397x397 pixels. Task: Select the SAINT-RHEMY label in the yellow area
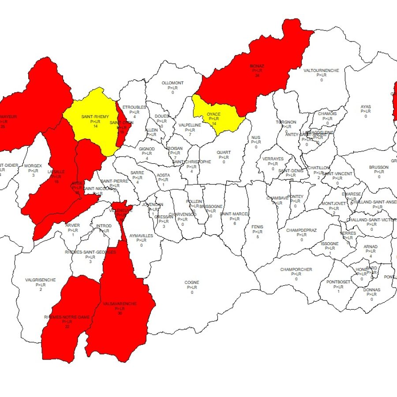pyautogui.click(x=95, y=116)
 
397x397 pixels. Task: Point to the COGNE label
pyautogui.click(x=192, y=282)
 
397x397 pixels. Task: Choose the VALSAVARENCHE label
pyautogui.click(x=120, y=303)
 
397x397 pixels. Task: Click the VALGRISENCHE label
pyautogui.click(x=41, y=280)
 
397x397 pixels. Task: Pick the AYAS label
pyautogui.click(x=366, y=107)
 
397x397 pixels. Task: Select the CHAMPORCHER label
pyautogui.click(x=296, y=270)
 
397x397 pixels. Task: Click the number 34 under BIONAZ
pyautogui.click(x=256, y=75)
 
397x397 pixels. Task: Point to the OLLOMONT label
pyautogui.click(x=172, y=83)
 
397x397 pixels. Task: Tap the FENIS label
pyautogui.click(x=258, y=227)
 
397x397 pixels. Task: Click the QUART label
pyautogui.click(x=224, y=153)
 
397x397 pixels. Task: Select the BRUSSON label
pyautogui.click(x=378, y=168)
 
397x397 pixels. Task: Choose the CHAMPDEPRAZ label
pyautogui.click(x=301, y=230)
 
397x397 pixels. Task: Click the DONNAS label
pyautogui.click(x=371, y=290)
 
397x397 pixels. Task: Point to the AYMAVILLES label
pyautogui.click(x=141, y=236)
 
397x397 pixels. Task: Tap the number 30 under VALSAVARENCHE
pyautogui.click(x=120, y=313)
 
